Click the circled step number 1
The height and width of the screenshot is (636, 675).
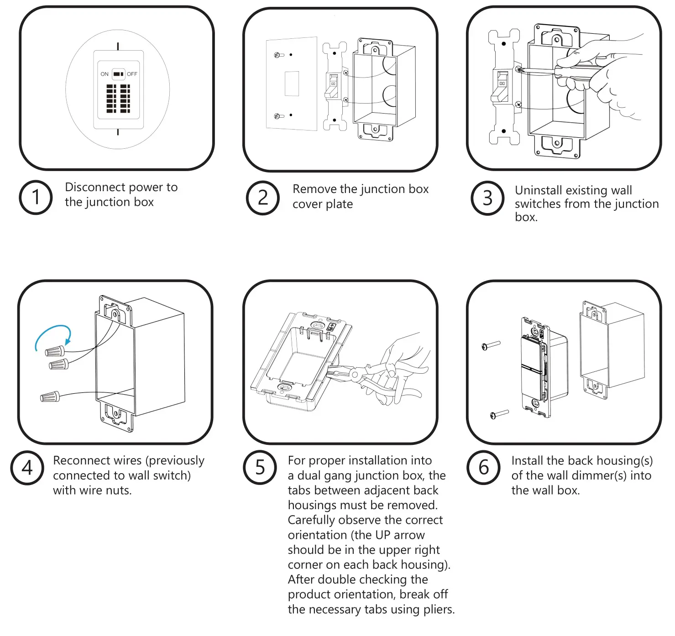click(x=36, y=198)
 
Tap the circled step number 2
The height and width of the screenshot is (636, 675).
click(x=263, y=198)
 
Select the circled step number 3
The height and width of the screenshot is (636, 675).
click(x=487, y=198)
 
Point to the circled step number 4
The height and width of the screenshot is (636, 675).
click(x=27, y=468)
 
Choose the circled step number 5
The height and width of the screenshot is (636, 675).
click(x=260, y=468)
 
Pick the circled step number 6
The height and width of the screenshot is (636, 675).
click(x=484, y=468)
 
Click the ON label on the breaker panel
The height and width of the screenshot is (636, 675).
click(x=105, y=74)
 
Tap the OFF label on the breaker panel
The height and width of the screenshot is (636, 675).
click(x=132, y=74)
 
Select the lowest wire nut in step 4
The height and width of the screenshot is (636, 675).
click(x=50, y=396)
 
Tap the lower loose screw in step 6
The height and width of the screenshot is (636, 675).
click(x=499, y=414)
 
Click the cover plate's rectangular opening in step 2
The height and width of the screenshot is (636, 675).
click(x=292, y=83)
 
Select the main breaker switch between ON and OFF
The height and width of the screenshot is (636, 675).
click(x=118, y=74)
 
